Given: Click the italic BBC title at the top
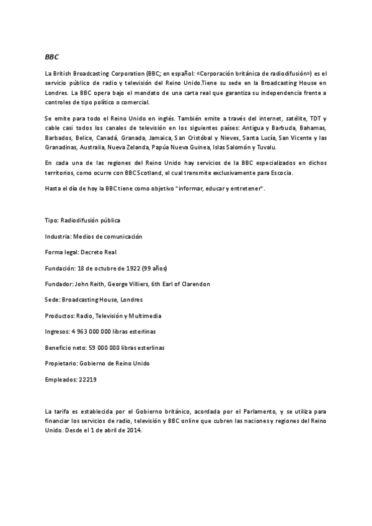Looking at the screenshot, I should click(x=51, y=56).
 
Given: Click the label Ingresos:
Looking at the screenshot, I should click(x=57, y=331).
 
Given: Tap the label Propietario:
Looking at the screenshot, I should click(x=61, y=363).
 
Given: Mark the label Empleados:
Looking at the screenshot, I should click(x=60, y=378).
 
